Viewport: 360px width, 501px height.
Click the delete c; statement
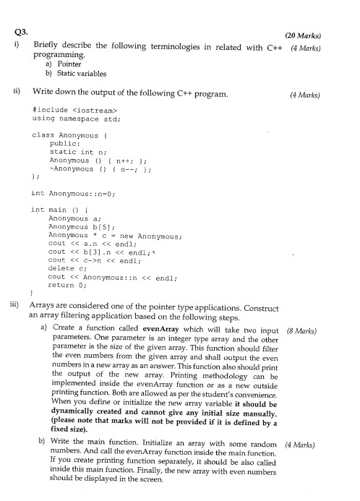coord(66,268)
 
